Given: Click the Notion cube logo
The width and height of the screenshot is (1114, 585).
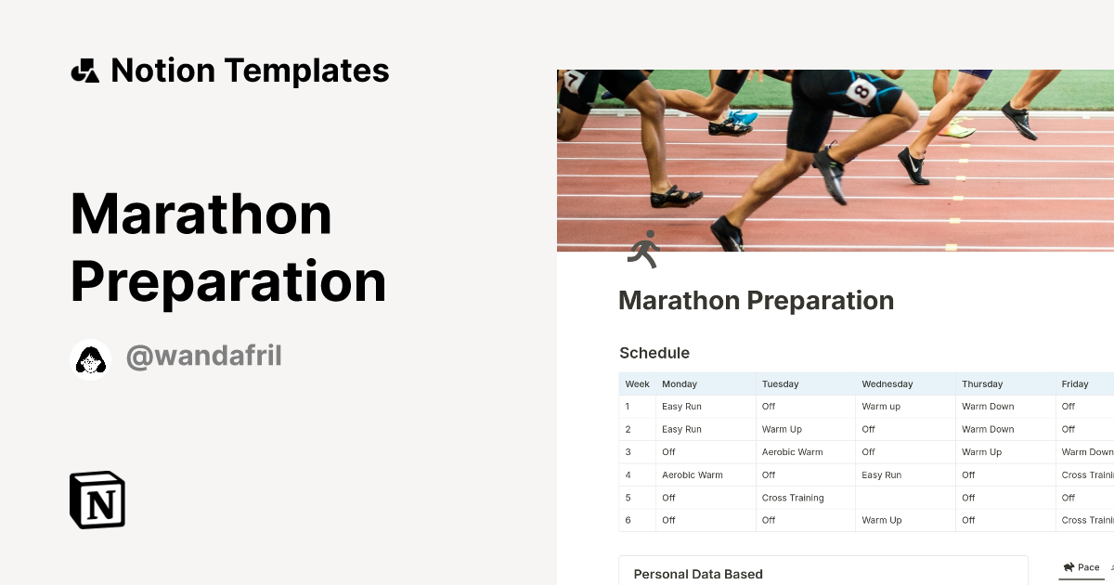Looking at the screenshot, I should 97,500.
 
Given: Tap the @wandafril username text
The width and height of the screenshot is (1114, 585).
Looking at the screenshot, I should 203,356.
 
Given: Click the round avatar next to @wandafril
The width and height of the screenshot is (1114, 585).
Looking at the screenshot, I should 90,359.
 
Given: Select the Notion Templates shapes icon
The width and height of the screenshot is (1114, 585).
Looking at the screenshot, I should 84,71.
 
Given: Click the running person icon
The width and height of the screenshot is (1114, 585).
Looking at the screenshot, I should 642,249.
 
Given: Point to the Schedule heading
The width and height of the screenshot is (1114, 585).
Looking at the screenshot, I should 654,353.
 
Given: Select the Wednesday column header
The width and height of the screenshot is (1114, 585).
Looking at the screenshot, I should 887,383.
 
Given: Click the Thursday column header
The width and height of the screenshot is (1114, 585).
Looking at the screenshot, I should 982,383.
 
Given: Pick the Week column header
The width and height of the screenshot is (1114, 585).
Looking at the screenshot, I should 637,383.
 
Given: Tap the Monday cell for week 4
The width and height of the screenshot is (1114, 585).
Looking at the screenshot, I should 692,474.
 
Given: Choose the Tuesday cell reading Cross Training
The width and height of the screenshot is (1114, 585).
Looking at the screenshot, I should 793,498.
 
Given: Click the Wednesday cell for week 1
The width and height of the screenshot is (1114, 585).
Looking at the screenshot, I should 881,407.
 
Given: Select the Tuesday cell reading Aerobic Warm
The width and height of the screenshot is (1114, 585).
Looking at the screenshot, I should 792,452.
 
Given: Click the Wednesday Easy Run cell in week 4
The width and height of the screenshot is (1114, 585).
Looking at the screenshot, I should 881,474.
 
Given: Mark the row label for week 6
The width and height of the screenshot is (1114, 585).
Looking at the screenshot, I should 628,520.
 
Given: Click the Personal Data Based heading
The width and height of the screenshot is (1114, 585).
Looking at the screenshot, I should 698,574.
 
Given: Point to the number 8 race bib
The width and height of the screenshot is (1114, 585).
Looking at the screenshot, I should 861,91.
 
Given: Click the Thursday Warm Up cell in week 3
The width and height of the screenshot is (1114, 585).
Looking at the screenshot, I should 981,452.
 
